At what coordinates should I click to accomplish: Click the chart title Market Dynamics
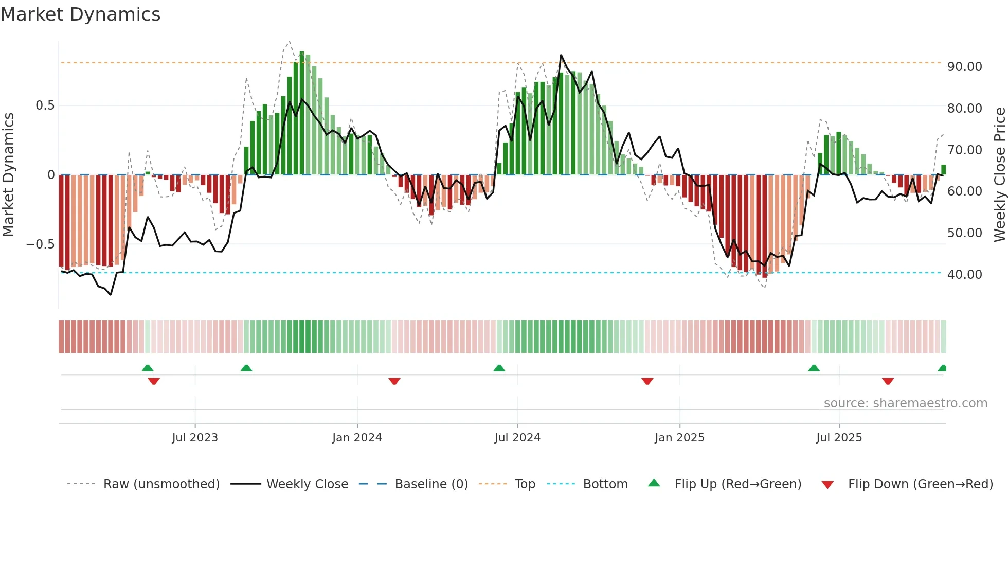tap(80, 14)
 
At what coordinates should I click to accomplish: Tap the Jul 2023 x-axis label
tap(195, 438)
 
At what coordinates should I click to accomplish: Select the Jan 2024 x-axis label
tap(357, 438)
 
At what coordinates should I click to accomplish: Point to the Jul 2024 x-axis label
tap(517, 438)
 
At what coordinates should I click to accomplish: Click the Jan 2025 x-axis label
tap(679, 438)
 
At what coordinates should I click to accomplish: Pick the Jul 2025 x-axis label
tap(839, 438)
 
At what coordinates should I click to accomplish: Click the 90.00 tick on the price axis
tap(965, 67)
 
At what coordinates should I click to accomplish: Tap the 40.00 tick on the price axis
tap(965, 275)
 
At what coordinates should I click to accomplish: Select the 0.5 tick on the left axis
tap(45, 105)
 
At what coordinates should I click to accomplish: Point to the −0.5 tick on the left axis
tap(41, 244)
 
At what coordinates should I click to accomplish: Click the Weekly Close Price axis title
tap(999, 175)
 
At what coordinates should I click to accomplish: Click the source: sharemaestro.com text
tap(905, 403)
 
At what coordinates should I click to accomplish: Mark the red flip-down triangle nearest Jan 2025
tap(647, 381)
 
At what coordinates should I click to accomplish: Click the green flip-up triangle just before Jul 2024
tap(499, 368)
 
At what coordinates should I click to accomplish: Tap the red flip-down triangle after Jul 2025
tap(888, 381)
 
